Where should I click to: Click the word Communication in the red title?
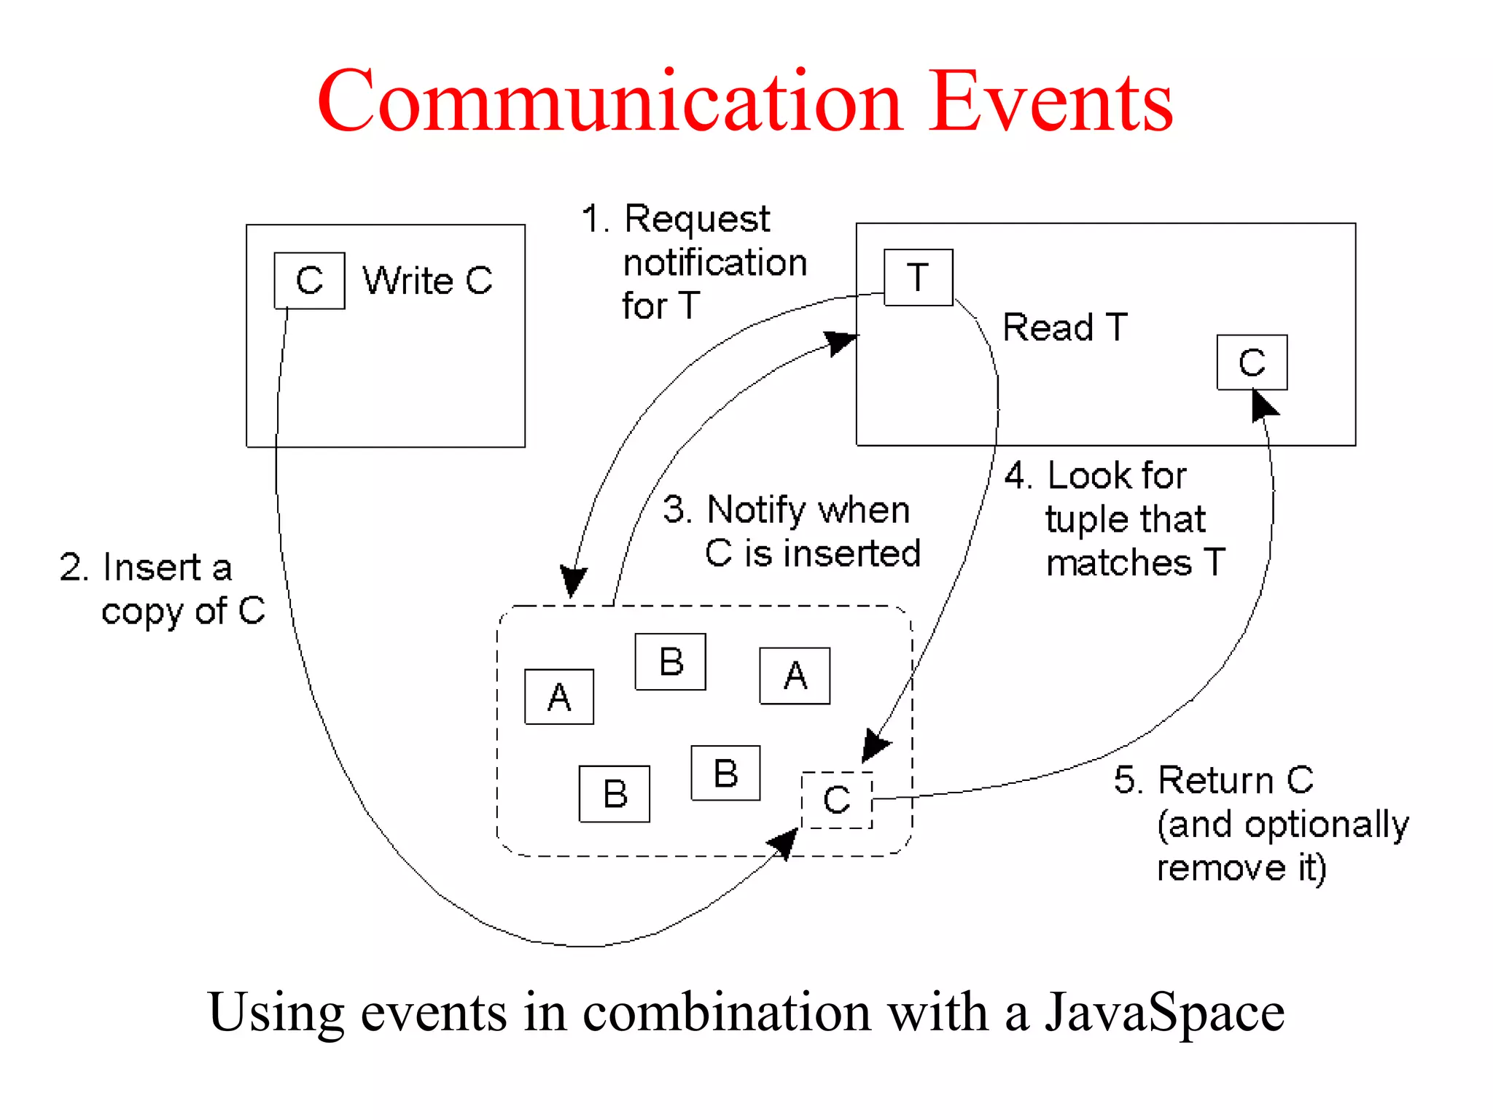coord(611,102)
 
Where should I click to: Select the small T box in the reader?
coord(918,278)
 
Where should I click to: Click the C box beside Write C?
coord(309,281)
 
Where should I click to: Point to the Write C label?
coord(428,281)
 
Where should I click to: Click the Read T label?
coord(1064,327)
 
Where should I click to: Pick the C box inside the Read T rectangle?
coord(1252,362)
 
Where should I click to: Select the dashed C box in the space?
coord(836,800)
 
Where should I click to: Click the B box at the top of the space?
coord(670,662)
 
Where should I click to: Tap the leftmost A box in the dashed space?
coord(559,697)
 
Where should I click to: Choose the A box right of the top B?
coord(795,676)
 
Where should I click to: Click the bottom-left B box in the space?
coord(615,794)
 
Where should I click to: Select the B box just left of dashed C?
coord(725,773)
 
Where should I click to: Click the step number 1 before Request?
coord(593,219)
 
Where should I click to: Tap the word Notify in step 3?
coord(757,510)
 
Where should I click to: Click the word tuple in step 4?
coord(1087,520)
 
